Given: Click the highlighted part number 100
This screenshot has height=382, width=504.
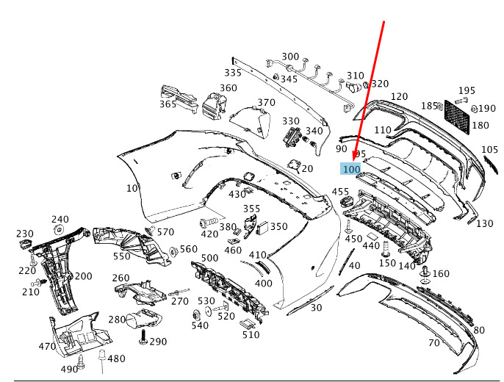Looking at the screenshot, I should (352, 169).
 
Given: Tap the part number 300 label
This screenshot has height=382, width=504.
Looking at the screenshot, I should (290, 57).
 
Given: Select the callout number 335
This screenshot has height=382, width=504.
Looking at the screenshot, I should (233, 73).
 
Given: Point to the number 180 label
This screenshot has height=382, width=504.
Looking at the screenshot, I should (480, 126).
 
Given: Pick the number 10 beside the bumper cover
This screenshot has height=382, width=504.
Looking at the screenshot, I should (132, 188).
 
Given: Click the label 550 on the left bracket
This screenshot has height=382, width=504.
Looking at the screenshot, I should (121, 256).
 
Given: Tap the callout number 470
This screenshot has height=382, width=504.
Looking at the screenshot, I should (47, 346).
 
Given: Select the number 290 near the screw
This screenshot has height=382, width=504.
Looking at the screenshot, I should (158, 342).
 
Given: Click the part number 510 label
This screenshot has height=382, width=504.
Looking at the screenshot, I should (251, 334).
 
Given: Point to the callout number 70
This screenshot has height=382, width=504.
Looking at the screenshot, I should (433, 342).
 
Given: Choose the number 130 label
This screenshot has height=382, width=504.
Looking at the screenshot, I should (484, 223).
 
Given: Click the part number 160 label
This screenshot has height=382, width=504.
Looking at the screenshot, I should (441, 274).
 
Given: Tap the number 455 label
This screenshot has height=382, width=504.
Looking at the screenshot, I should (340, 192).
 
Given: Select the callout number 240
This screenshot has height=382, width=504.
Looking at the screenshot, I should (60, 219).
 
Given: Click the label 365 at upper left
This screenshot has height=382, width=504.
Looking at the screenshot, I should (168, 104).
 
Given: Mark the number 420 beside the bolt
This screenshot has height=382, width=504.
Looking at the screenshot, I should (209, 234).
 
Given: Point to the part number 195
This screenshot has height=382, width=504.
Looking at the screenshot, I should (467, 90).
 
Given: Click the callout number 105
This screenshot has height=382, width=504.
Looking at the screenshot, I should (489, 150).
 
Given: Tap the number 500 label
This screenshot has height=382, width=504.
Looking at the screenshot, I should (209, 258).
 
